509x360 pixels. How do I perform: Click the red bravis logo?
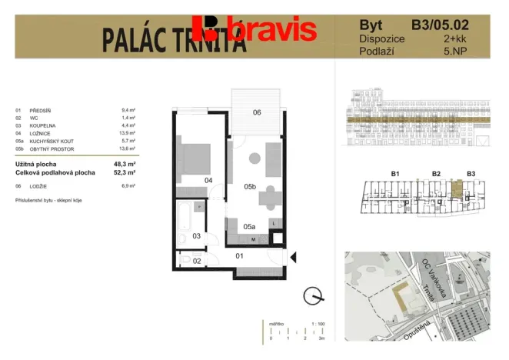click(254, 28)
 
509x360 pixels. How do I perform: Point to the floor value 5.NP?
click(475, 51)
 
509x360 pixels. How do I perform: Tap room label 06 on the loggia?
click(257, 112)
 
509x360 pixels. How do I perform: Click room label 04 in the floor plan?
click(208, 180)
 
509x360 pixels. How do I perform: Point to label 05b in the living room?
click(249, 186)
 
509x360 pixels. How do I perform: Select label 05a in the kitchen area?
click(249, 227)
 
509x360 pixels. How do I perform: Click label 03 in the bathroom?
click(196, 235)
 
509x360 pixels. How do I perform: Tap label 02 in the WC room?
click(196, 262)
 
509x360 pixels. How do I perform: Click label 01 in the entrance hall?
click(239, 255)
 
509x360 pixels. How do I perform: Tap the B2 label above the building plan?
click(436, 174)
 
